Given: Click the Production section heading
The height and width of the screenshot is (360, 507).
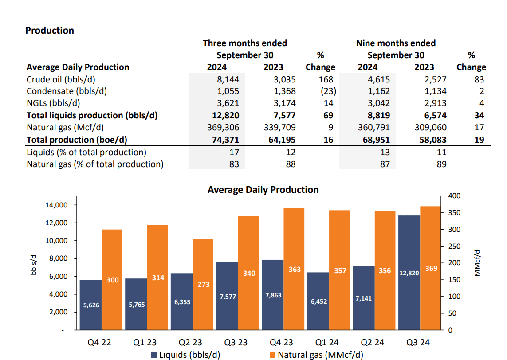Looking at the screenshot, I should click(50, 31).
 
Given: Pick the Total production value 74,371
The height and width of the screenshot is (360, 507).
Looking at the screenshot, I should click(224, 140).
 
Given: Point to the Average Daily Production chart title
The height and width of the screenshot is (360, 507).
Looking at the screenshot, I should click(263, 190).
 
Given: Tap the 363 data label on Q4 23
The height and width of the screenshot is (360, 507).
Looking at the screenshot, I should click(295, 269).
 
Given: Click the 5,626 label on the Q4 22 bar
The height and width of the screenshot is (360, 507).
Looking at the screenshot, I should click(91, 305).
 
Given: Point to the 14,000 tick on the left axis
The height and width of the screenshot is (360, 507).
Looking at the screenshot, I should click(56, 205).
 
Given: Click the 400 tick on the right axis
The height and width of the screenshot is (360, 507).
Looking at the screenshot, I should click(455, 196).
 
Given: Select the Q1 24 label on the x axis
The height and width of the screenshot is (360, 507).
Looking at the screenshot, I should click(327, 343).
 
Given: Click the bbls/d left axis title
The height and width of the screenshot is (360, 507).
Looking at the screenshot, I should click(33, 265).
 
